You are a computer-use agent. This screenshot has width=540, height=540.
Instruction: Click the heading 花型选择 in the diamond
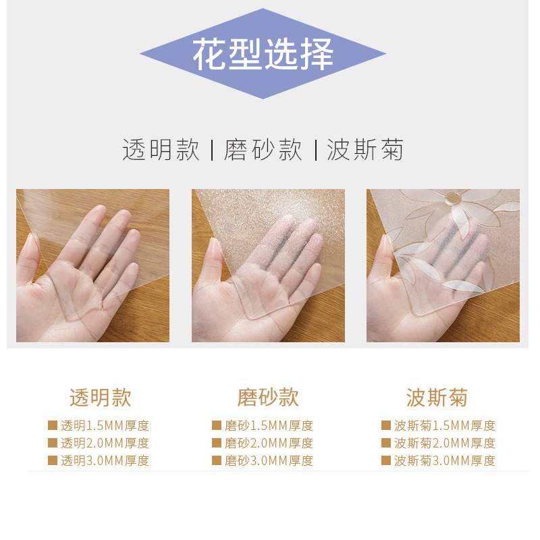pos(263,54)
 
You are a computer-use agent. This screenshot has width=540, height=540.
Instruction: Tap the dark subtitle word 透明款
pos(161,150)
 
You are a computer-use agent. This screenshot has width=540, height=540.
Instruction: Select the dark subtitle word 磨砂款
pos(263,150)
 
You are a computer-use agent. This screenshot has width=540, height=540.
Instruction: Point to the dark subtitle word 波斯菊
pos(365,150)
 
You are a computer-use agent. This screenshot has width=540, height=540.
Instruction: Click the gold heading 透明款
pos(101,398)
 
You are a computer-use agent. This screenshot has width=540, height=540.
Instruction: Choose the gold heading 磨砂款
pos(268,398)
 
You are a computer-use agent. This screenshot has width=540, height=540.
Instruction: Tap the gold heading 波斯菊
pos(437,398)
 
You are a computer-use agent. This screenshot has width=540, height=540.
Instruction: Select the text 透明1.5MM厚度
pos(105,426)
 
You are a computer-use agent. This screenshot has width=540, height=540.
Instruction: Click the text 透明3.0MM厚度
pos(105,460)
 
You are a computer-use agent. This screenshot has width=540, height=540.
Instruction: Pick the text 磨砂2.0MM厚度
pos(269,443)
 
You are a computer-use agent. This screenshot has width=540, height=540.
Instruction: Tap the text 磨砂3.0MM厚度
pos(269,460)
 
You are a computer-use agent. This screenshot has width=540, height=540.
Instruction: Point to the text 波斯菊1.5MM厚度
pos(445,426)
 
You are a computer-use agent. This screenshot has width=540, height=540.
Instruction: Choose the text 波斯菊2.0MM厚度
pos(445,443)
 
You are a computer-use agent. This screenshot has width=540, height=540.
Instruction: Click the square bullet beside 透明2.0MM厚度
pos(53,443)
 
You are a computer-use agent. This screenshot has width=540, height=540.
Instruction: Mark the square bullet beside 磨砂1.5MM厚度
pos(217,425)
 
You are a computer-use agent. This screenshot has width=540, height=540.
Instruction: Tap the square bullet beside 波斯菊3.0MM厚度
pos(386,460)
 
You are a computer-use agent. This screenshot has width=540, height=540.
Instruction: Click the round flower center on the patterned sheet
pos(453,198)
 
